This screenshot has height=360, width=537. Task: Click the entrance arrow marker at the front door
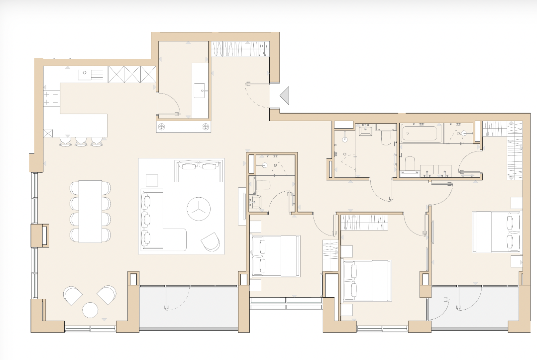285,96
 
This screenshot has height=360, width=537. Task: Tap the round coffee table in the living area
199,210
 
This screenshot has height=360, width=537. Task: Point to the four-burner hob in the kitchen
52,97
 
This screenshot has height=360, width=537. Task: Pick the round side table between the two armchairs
91,310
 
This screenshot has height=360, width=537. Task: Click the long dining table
90,211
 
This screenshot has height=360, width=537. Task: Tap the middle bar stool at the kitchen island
81,142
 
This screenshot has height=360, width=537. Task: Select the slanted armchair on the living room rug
211,241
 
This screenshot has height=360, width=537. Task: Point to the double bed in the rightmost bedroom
497,232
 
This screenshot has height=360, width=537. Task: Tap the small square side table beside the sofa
152,180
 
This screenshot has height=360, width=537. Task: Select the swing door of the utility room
171,104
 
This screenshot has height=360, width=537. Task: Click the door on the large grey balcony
177,298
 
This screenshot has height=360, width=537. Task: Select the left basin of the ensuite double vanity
428,170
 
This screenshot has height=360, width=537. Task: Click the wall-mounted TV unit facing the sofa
242,203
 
